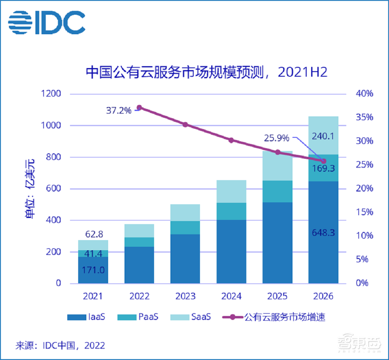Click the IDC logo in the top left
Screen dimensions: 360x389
click(47, 22)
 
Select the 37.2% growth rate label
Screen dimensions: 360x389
click(119, 111)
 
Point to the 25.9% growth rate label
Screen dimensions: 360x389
click(277, 138)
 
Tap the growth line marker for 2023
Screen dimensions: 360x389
click(185, 125)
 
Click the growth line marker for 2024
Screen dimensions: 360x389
click(231, 140)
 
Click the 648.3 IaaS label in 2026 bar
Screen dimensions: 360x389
click(323, 233)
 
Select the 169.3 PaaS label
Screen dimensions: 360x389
click(323, 169)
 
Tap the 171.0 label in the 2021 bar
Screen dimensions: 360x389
click(93, 270)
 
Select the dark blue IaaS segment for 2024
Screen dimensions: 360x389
click(231, 251)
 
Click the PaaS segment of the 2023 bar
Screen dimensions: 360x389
click(185, 228)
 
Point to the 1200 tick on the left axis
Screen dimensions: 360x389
click(50, 94)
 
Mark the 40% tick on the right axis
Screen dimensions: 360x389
click(365, 94)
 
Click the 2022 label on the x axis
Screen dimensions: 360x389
click(139, 297)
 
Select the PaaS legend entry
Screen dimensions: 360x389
click(138, 317)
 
